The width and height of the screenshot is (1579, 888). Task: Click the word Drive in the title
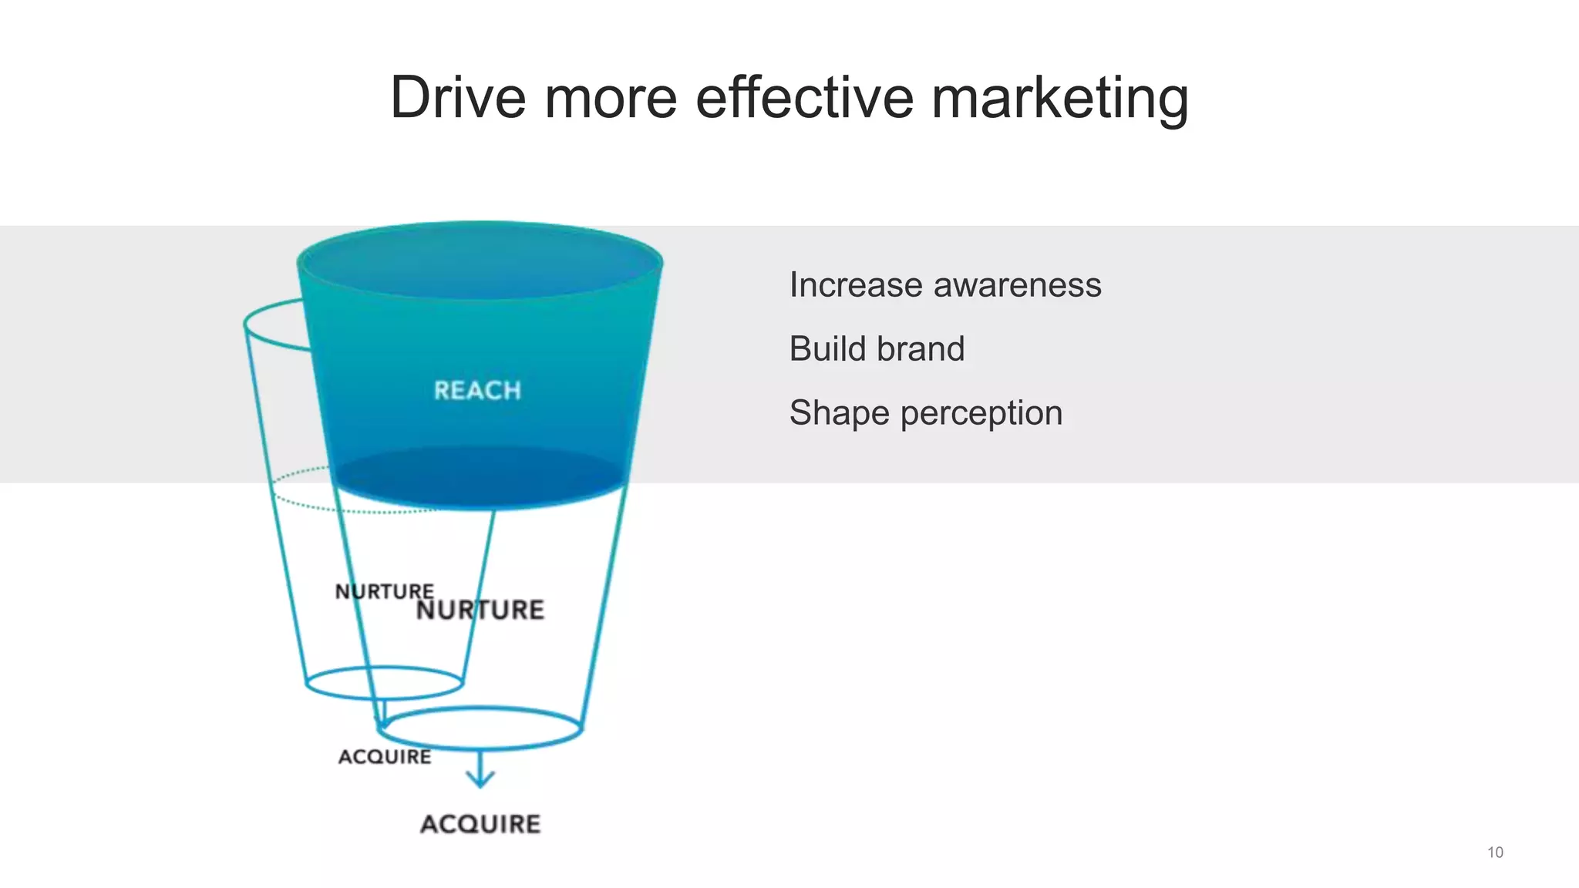tap(458, 98)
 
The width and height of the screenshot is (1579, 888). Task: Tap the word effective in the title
tap(803, 98)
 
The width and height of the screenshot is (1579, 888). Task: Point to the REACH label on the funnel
tap(477, 391)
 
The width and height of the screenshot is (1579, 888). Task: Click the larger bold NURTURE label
tap(480, 610)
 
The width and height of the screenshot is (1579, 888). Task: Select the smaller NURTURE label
tap(384, 591)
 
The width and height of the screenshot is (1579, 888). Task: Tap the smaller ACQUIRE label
tap(385, 757)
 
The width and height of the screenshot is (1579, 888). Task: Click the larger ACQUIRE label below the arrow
tap(480, 824)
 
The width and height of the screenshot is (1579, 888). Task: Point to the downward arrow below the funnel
tap(480, 770)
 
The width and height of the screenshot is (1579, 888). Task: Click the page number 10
tap(1495, 853)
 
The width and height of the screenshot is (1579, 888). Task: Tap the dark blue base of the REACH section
tap(480, 478)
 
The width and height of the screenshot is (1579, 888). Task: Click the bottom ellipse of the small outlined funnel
tap(384, 683)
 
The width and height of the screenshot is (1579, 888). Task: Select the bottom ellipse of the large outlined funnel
tap(481, 728)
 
